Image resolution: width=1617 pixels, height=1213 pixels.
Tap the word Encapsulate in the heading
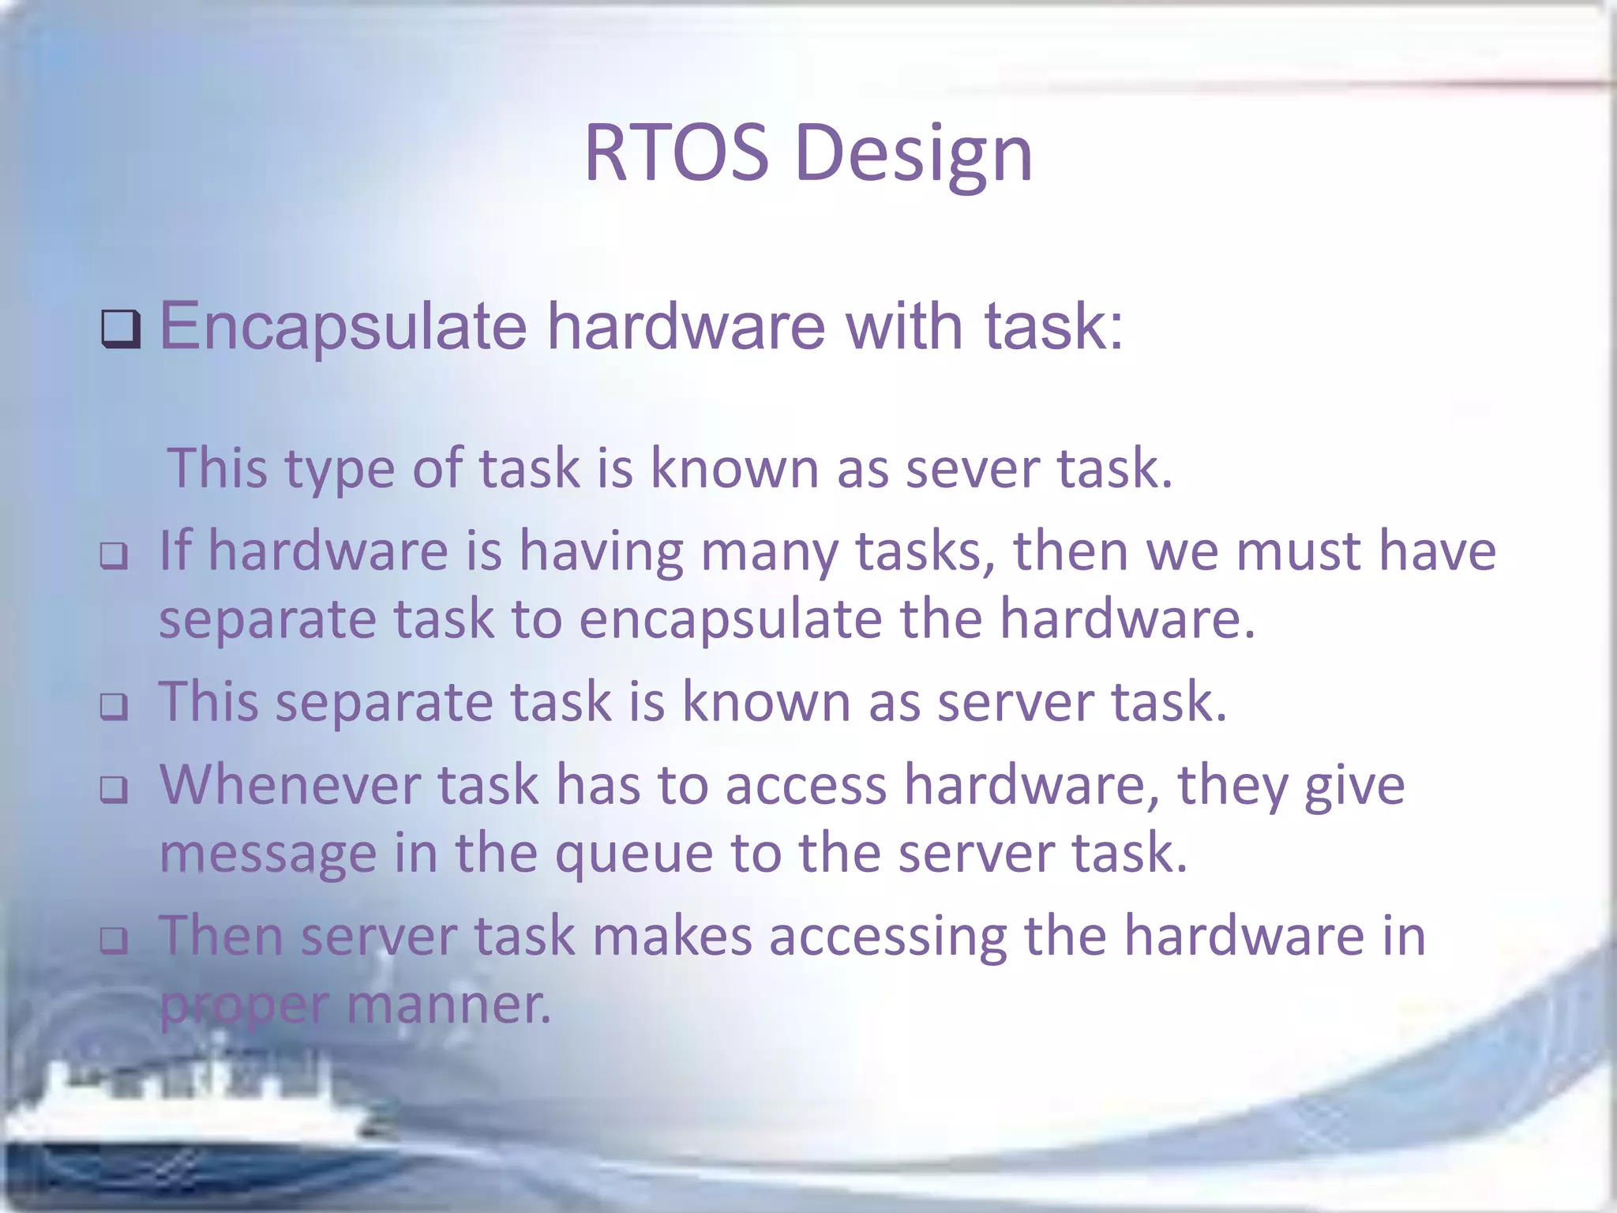[x=343, y=325]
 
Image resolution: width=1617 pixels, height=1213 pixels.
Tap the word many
[x=769, y=552]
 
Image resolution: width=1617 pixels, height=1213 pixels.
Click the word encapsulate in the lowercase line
[x=730, y=620]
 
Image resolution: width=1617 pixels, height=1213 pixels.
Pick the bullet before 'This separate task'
[x=114, y=706]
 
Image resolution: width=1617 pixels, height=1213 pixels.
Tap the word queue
[x=633, y=855]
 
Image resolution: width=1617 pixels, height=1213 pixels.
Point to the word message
[x=268, y=855]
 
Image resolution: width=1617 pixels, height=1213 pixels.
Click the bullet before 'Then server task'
[x=114, y=940]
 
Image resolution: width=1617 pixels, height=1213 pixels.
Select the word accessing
[x=887, y=937]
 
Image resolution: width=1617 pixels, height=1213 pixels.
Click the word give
[x=1354, y=787]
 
